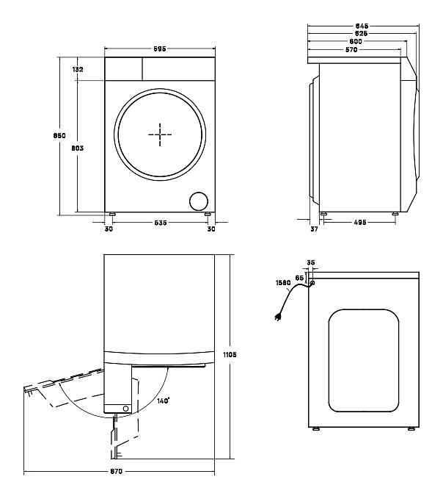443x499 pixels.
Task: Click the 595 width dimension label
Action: (x=160, y=49)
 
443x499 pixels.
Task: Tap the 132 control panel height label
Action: (x=78, y=69)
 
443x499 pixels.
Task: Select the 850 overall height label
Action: (x=59, y=135)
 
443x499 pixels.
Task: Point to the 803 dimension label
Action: (x=77, y=148)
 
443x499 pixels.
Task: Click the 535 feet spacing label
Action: (x=161, y=223)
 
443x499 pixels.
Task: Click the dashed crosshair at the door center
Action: (x=160, y=134)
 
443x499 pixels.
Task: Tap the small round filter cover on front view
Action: (x=199, y=201)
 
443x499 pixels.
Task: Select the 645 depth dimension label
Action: (x=362, y=26)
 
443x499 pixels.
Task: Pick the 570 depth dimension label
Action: (x=351, y=50)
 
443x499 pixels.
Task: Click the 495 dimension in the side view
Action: (x=360, y=223)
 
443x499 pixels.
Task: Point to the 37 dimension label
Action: (x=314, y=229)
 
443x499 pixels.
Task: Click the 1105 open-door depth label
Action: (x=230, y=354)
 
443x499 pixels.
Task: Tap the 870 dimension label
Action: (x=116, y=471)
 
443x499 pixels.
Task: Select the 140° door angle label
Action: (x=164, y=401)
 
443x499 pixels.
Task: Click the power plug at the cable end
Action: (x=278, y=317)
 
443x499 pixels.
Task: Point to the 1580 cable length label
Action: (x=283, y=283)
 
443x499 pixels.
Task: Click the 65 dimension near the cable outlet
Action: (x=299, y=278)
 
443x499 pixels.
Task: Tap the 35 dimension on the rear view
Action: (x=311, y=262)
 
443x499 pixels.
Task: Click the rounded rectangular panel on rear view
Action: (x=364, y=360)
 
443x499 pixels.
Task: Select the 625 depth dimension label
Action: (x=362, y=33)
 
